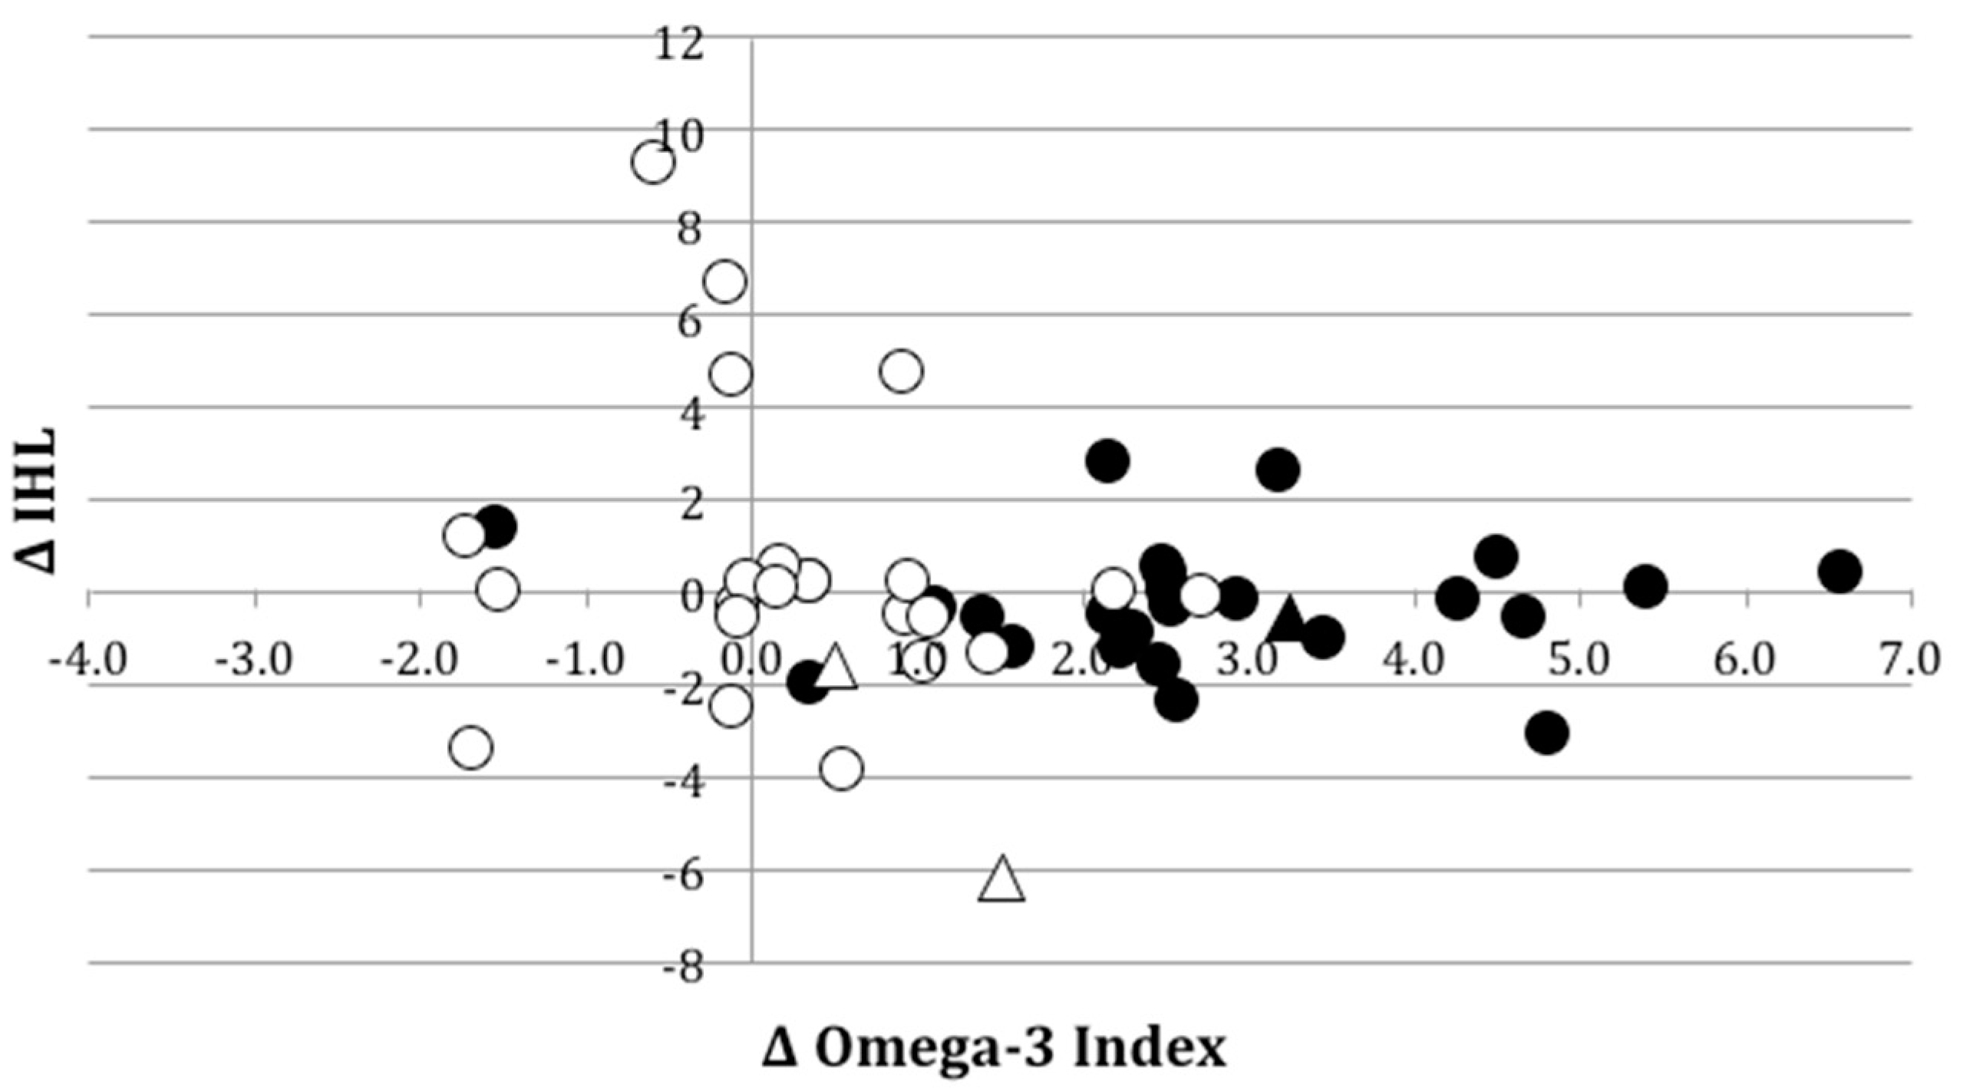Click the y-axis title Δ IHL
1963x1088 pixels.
[38, 500]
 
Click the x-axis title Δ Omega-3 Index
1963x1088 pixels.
[994, 1049]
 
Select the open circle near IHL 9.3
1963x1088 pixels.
[653, 163]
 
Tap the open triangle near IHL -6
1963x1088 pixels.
[1001, 881]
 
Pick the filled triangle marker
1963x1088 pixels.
[1288, 620]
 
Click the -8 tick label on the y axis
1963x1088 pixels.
[682, 968]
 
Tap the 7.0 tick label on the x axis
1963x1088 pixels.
[1911, 661]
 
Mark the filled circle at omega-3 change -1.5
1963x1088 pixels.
[496, 526]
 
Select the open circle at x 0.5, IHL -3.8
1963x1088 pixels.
[842, 769]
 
